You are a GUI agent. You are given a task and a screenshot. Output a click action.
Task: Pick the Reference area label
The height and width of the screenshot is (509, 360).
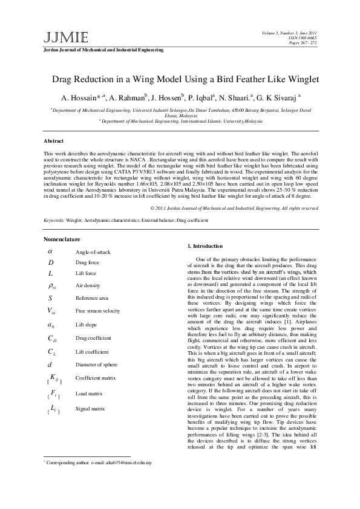pyautogui.click(x=91, y=298)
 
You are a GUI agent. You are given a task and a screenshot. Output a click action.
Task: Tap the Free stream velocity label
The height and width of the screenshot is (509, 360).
pyautogui.click(x=97, y=311)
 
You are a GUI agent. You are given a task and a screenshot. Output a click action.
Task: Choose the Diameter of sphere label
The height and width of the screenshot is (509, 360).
pyautogui.click(x=97, y=364)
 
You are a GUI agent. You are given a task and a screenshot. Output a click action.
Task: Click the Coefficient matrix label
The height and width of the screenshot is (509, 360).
pyautogui.click(x=96, y=378)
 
